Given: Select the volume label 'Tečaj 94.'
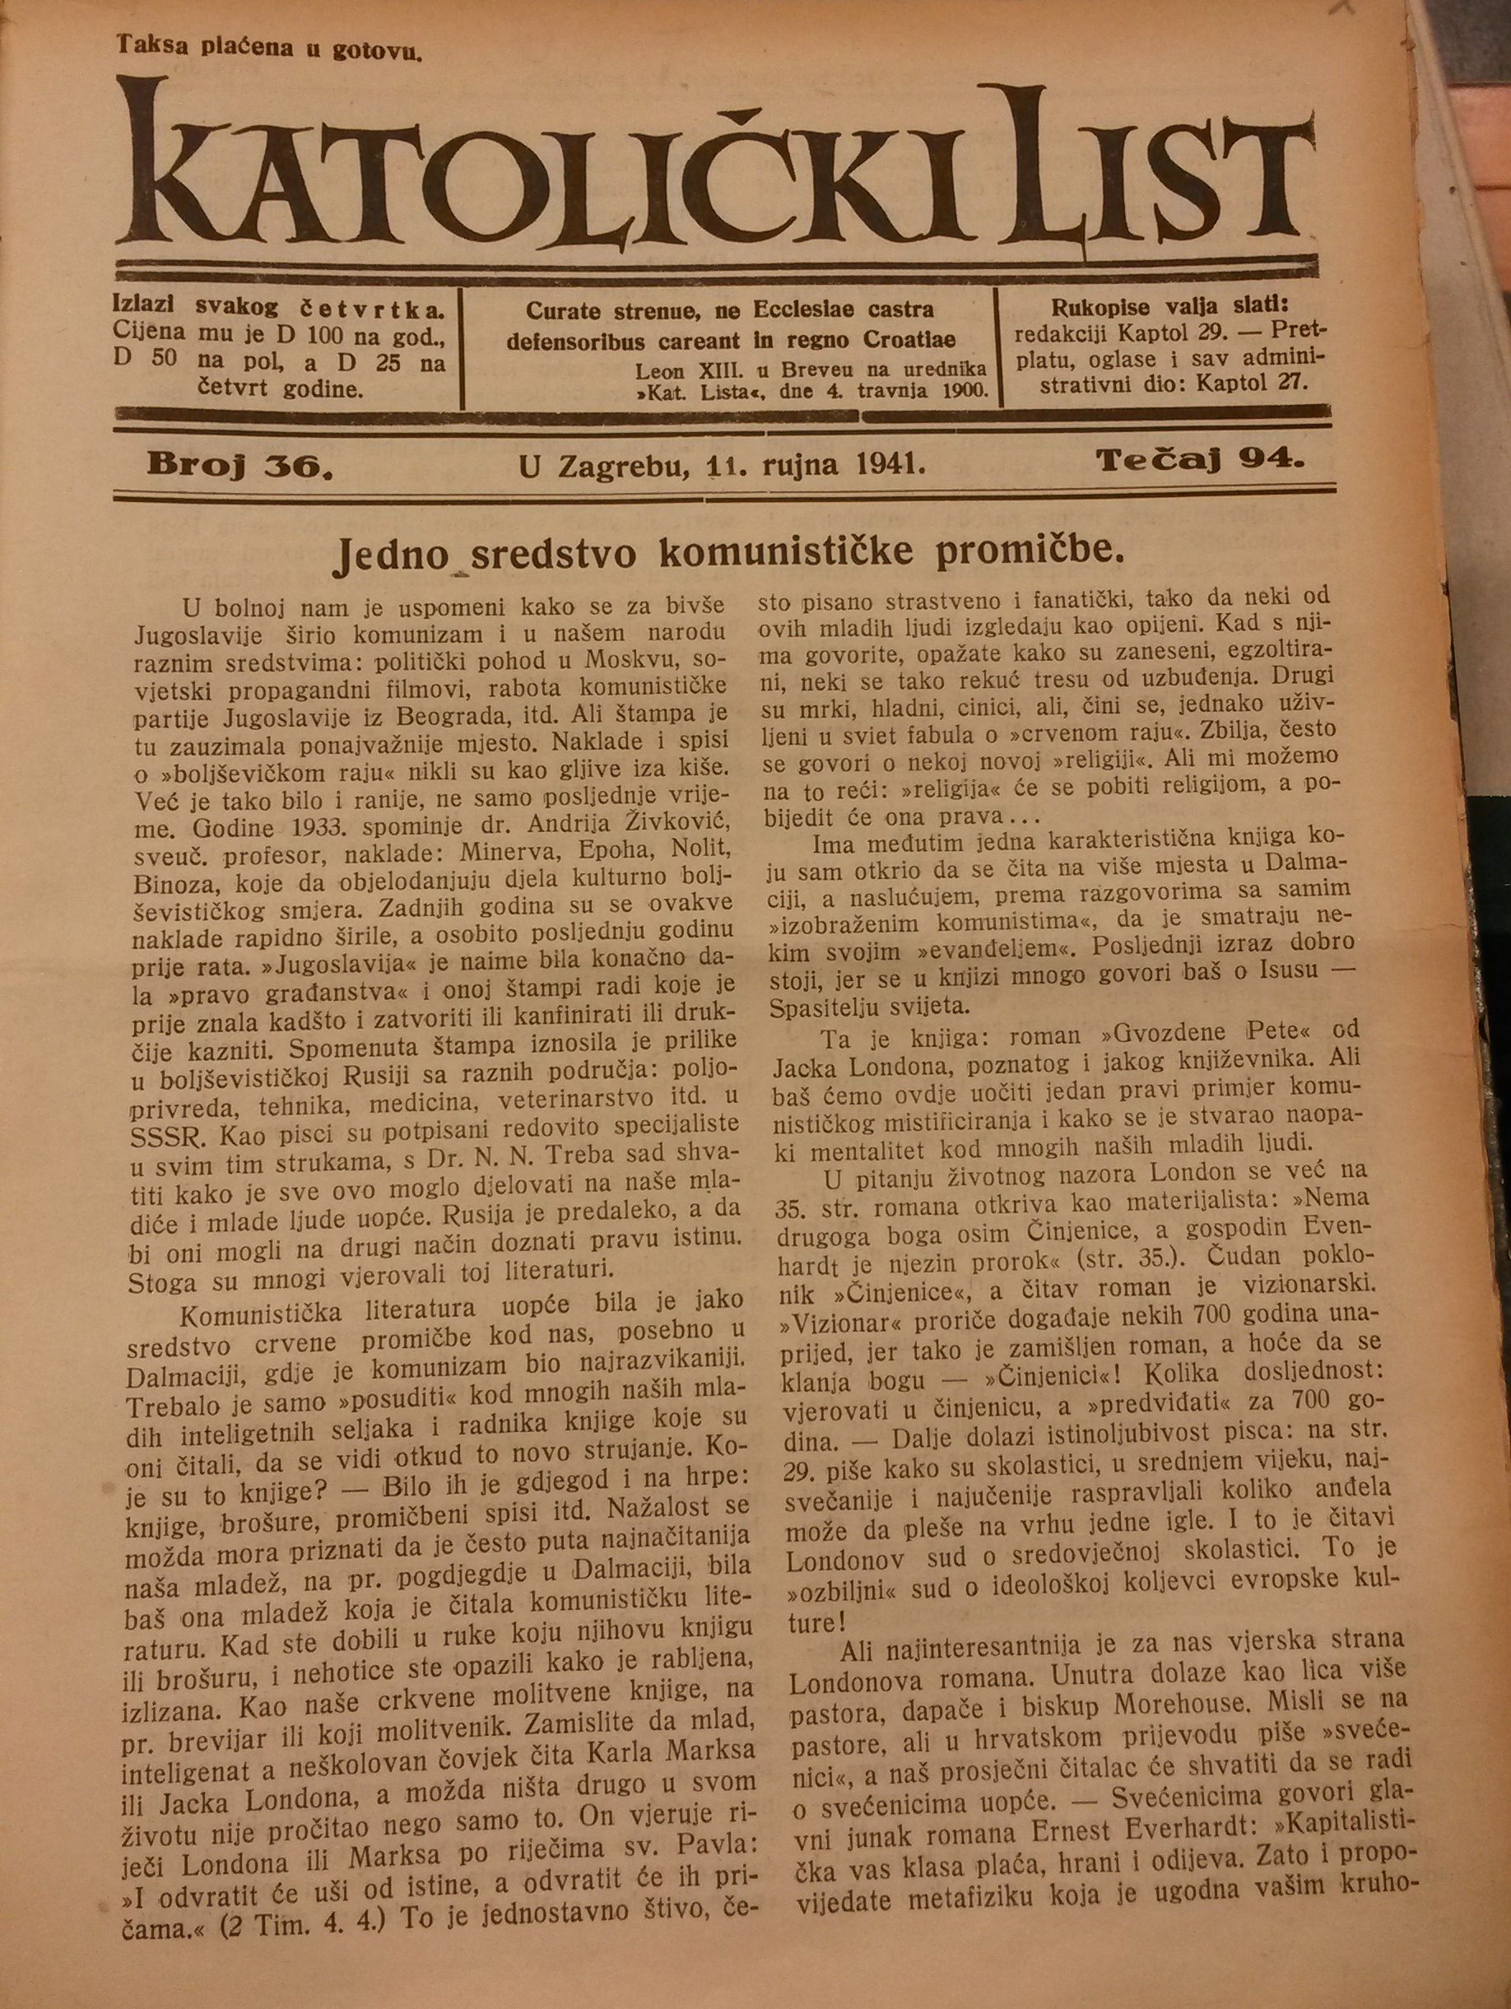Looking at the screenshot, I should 1201,462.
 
